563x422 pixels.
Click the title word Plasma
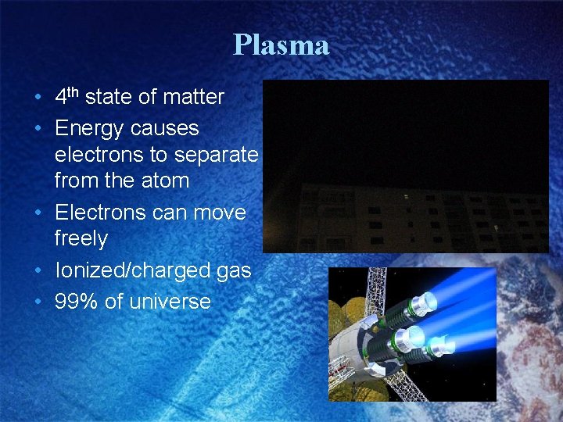281,45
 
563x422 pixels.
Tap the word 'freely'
81,238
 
